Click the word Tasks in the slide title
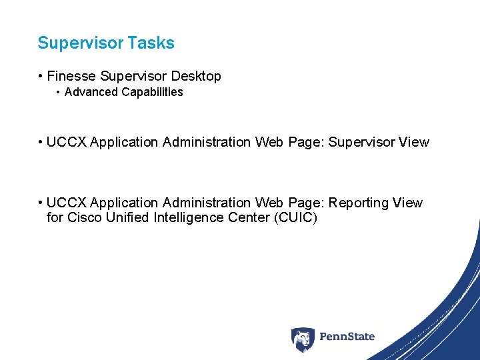[152, 43]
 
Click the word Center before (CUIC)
[249, 217]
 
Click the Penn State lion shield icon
[302, 339]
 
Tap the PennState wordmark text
[347, 337]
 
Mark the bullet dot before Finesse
[41, 77]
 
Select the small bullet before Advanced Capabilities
[59, 92]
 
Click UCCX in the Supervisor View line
[67, 142]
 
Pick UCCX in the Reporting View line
[67, 203]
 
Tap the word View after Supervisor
[413, 142]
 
